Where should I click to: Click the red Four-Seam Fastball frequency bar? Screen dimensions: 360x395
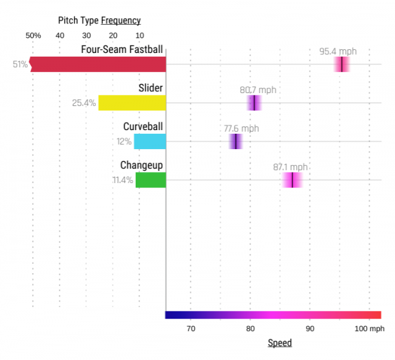click(99, 64)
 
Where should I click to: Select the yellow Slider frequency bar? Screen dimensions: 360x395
click(132, 103)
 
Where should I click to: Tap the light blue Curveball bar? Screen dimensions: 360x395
click(150, 141)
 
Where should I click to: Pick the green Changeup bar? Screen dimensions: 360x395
click(151, 180)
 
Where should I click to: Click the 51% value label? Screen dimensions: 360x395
click(20, 64)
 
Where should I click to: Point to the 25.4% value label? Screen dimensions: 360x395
click(84, 103)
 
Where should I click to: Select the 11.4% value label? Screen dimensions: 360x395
click(123, 180)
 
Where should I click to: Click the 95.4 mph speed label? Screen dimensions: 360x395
click(338, 51)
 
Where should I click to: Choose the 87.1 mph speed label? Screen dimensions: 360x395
click(290, 167)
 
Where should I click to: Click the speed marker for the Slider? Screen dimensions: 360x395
click(254, 103)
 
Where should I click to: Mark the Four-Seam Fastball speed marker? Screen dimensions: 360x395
click(341, 64)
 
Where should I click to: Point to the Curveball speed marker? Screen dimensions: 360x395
click(235, 141)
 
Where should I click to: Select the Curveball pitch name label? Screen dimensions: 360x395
click(143, 127)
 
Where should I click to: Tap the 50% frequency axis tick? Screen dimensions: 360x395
click(33, 36)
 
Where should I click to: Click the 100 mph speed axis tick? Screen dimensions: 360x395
click(370, 329)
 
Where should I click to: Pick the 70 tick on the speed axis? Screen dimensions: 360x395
click(191, 329)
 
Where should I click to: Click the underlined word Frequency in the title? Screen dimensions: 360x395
click(121, 20)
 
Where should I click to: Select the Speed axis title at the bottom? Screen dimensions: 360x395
click(280, 343)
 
